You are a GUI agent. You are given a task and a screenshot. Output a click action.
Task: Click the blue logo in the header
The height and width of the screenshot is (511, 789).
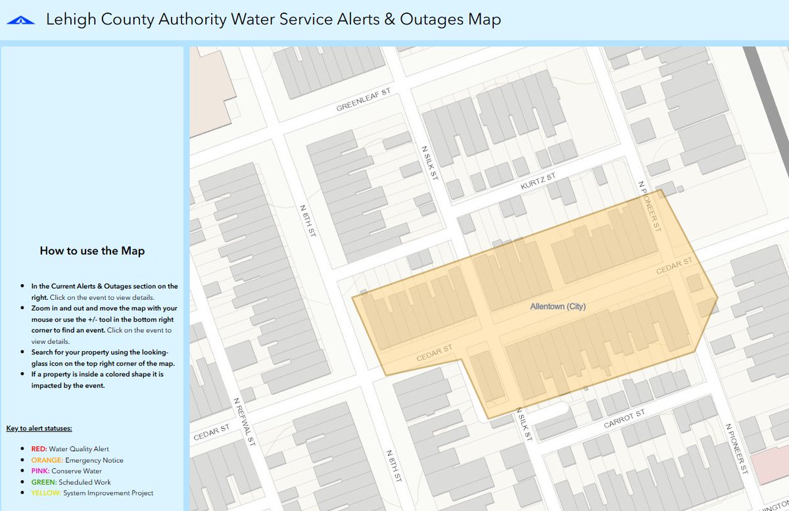(x=21, y=20)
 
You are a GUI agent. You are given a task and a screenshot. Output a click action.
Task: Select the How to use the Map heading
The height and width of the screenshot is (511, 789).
(x=92, y=251)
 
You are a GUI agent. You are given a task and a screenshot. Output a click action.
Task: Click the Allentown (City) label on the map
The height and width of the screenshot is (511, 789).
(x=558, y=306)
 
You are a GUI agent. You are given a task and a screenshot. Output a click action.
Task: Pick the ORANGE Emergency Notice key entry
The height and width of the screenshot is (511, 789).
(x=77, y=460)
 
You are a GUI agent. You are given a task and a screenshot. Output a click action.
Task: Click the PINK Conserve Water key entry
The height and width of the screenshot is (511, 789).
(x=66, y=471)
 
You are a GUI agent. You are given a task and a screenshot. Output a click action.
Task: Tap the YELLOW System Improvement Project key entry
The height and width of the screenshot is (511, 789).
(x=92, y=493)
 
